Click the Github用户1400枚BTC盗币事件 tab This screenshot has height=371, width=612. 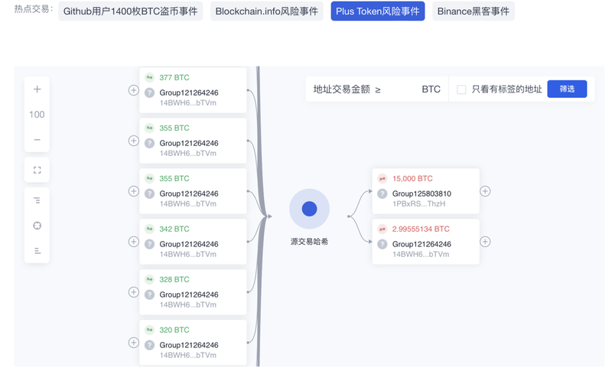[130, 11]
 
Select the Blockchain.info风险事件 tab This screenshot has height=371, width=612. [266, 11]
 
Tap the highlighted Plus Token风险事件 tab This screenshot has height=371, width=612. [377, 11]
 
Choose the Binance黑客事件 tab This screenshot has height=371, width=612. [473, 11]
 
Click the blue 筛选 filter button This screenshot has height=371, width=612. [567, 89]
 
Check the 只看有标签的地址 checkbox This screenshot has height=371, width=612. [461, 89]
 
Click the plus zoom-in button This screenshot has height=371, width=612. [37, 89]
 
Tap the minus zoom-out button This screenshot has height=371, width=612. [37, 140]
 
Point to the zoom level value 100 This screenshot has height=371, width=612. [37, 114]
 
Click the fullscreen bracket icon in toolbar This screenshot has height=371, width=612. [37, 170]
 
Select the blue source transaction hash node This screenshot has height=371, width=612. [309, 209]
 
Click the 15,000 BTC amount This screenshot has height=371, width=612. [412, 179]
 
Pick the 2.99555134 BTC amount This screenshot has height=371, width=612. [421, 229]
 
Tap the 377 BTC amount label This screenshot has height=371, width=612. [174, 77]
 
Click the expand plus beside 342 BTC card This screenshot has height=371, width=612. [133, 242]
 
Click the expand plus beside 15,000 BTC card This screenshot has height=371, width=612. [485, 191]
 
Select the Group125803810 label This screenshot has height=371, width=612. [422, 194]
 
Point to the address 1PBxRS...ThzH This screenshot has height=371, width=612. [418, 203]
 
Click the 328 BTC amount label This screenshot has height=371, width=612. [174, 279]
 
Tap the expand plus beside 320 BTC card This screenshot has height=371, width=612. [133, 343]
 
